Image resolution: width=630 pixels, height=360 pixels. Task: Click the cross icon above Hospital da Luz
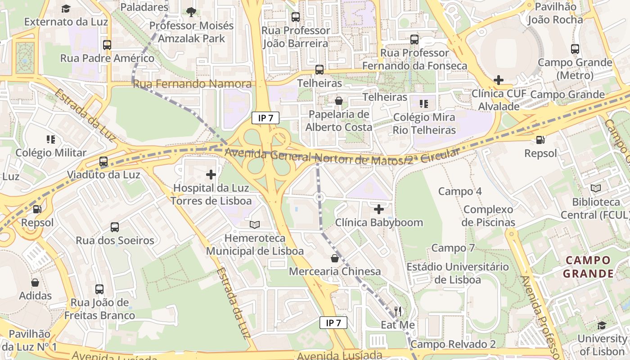click(x=211, y=174)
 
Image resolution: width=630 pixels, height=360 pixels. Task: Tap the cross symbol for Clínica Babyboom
click(x=379, y=209)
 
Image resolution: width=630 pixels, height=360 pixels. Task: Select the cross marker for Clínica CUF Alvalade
click(x=498, y=80)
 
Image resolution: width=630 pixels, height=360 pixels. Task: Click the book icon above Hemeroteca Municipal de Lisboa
click(x=255, y=224)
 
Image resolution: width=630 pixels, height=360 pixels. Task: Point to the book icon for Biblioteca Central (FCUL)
click(x=596, y=188)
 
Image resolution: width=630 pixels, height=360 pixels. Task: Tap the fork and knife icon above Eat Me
click(x=398, y=311)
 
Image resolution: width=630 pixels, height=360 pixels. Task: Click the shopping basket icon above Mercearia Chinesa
click(x=334, y=258)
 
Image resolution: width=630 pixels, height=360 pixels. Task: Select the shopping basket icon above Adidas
click(x=35, y=283)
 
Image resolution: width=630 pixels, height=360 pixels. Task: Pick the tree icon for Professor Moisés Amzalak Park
click(x=191, y=12)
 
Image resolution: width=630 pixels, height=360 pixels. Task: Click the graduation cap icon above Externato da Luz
click(x=66, y=9)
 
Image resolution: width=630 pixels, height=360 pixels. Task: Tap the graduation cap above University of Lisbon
click(x=602, y=325)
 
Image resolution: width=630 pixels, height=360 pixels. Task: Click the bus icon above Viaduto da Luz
click(x=103, y=161)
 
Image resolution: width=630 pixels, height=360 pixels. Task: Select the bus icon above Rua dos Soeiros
click(x=115, y=227)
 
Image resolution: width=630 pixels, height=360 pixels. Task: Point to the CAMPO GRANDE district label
click(x=588, y=267)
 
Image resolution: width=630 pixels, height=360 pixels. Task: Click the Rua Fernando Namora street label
click(x=193, y=84)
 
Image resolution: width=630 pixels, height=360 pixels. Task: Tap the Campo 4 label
click(x=460, y=191)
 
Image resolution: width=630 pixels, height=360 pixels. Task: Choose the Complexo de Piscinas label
click(x=488, y=216)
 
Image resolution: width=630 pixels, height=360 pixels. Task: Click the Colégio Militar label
click(x=51, y=153)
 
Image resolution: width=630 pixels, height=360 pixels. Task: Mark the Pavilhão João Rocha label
click(x=555, y=13)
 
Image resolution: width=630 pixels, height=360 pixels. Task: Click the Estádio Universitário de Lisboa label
click(x=457, y=273)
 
